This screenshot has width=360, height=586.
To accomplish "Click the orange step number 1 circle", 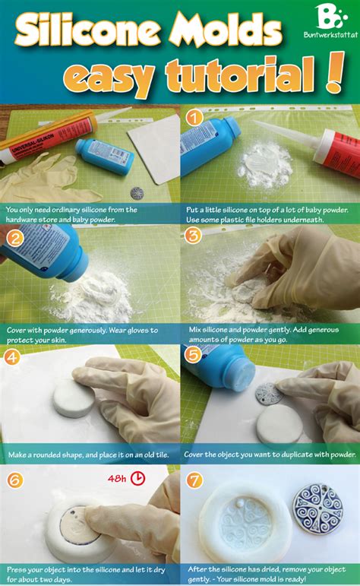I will [x=195, y=118].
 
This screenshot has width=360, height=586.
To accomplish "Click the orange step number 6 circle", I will [x=14, y=480].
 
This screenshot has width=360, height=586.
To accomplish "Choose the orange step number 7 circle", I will [x=195, y=480].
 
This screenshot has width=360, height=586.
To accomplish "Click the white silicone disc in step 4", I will [x=73, y=398].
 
